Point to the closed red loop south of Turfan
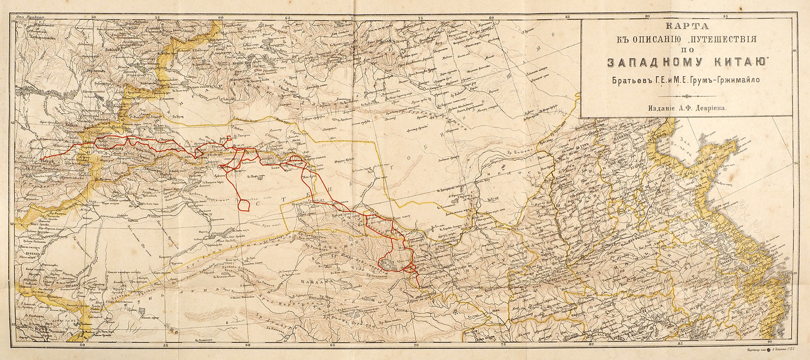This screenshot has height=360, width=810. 244,205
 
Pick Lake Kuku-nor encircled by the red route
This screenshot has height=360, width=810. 388,263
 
